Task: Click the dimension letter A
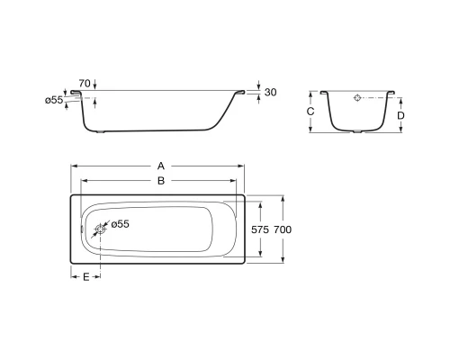tap(161, 166)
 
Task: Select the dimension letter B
tap(161, 181)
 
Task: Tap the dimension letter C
tap(310, 112)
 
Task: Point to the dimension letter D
tap(400, 115)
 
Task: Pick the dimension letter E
tap(86, 277)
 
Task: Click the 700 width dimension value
tap(283, 229)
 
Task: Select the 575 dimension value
tap(260, 229)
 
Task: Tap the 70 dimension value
tap(85, 84)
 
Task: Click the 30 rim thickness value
tap(270, 93)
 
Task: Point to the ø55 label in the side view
tap(54, 100)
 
